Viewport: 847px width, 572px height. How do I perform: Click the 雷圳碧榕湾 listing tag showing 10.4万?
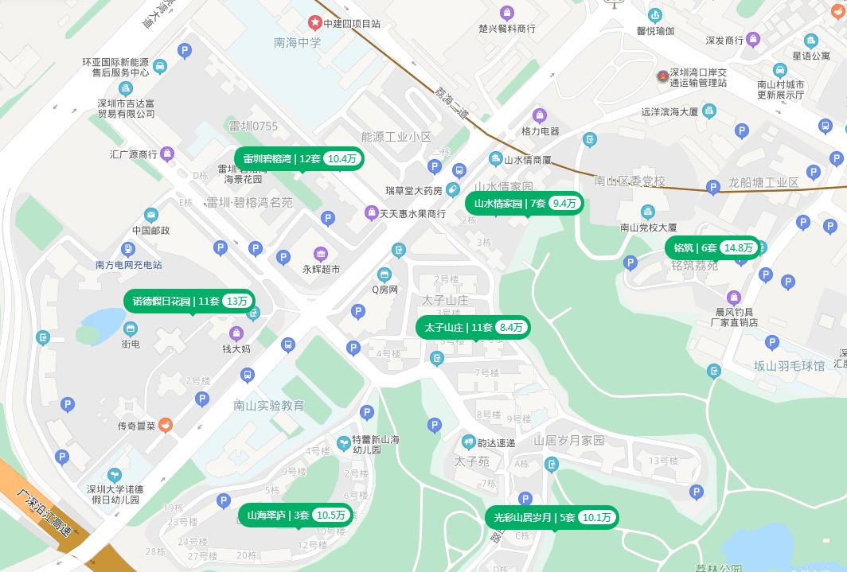pos(299,159)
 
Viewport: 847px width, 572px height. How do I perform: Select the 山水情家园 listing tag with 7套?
pos(524,204)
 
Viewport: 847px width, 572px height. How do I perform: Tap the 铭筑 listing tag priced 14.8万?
pos(712,248)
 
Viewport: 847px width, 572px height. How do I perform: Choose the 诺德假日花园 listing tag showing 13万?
pos(189,302)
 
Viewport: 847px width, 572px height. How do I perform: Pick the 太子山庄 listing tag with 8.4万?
pos(473,327)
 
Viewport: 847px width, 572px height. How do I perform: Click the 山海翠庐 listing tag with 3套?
pos(295,516)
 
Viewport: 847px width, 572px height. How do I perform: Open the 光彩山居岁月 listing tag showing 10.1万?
pos(551,518)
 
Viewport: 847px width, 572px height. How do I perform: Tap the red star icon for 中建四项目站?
pos(315,23)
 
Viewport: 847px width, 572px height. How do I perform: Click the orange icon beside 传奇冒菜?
pos(165,425)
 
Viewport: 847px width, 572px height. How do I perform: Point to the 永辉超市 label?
pos(321,270)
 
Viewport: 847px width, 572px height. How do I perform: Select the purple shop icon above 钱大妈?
pos(236,333)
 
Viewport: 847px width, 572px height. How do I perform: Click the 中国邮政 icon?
pos(151,215)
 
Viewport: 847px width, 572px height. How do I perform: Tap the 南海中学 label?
pos(298,43)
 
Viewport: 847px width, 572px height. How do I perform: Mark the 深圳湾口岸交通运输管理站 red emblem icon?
pos(662,76)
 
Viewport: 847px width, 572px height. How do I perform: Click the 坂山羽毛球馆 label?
pos(790,366)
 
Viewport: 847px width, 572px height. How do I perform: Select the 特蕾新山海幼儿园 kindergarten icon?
pos(342,442)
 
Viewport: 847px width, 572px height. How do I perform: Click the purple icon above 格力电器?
pos(540,116)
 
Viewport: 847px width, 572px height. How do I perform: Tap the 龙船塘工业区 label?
pos(763,183)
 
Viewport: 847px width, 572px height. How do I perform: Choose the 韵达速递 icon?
pos(469,442)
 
